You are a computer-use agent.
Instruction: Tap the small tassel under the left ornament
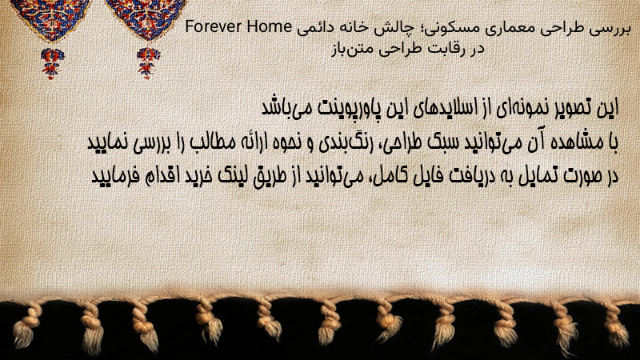coord(52,62)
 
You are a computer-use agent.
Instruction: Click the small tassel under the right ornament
coord(148,62)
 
